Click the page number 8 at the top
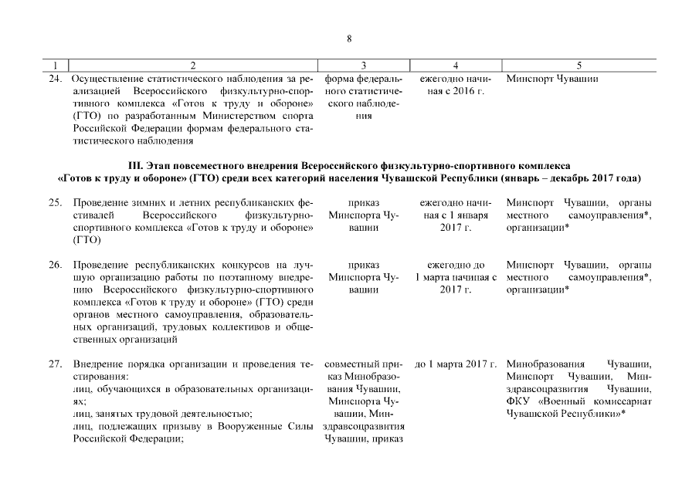pyautogui.click(x=349, y=39)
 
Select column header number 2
pyautogui.click(x=192, y=66)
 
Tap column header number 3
pyautogui.click(x=363, y=66)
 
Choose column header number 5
pyautogui.click(x=579, y=66)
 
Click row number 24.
pyautogui.click(x=55, y=79)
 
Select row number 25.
pyautogui.click(x=55, y=202)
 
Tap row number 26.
pyautogui.click(x=55, y=265)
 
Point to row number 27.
pyautogui.click(x=55, y=364)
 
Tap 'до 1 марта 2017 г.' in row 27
pyautogui.click(x=456, y=364)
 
